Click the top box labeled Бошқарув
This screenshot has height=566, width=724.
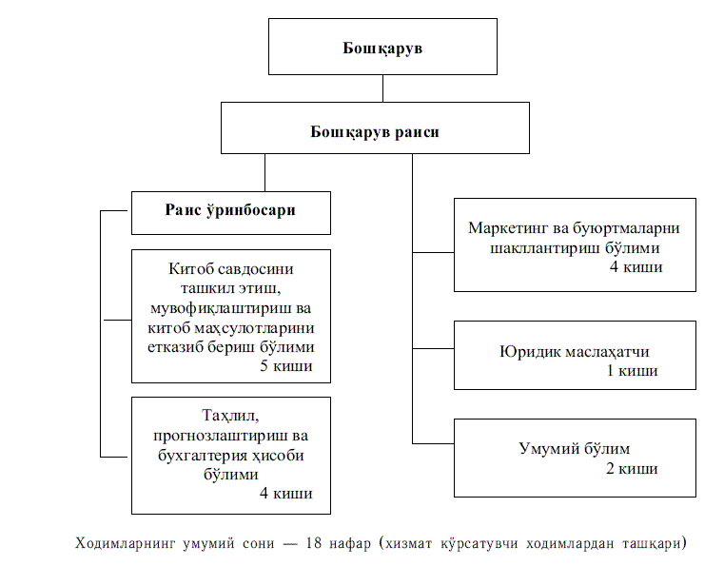click(x=382, y=47)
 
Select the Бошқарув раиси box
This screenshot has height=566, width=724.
click(x=375, y=131)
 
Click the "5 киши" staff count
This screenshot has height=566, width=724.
click(x=285, y=366)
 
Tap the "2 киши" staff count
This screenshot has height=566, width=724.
click(x=632, y=468)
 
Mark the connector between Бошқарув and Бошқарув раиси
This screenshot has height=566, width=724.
click(x=382, y=88)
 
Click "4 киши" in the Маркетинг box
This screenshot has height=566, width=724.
click(x=636, y=267)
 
